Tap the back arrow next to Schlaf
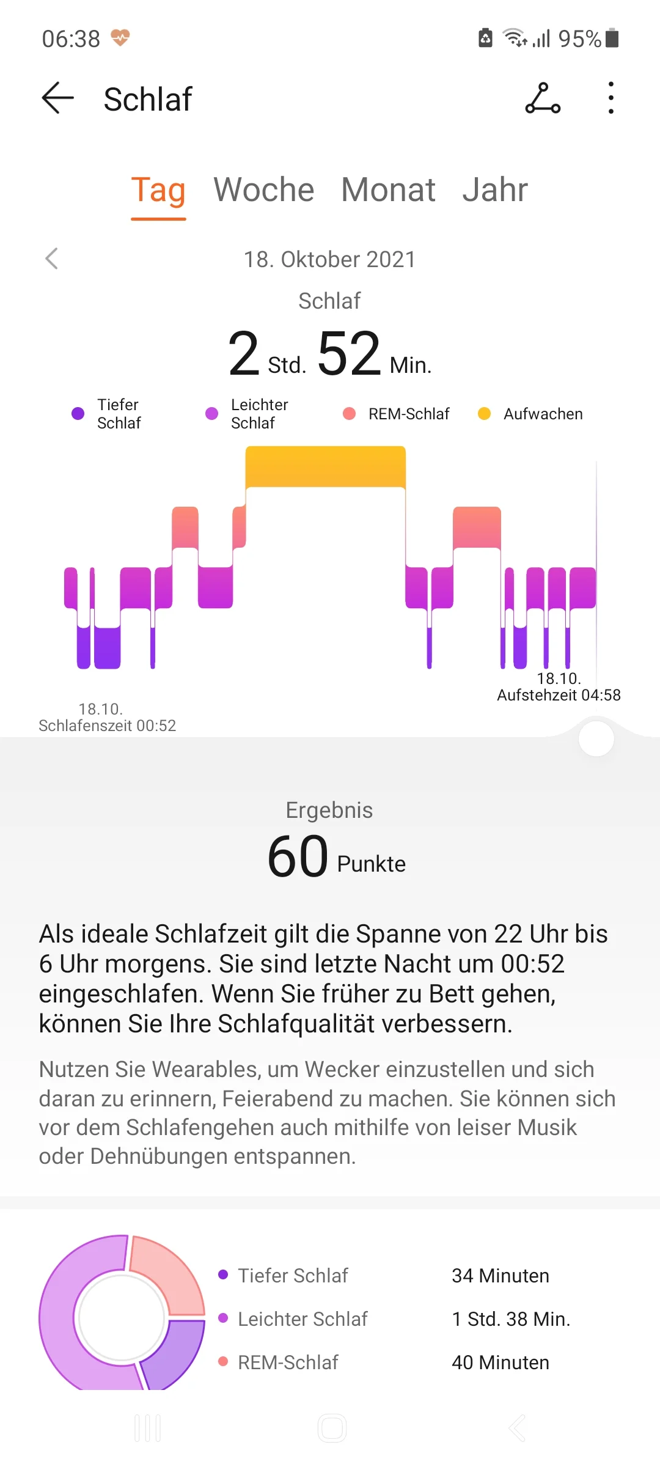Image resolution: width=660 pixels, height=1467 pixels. pyautogui.click(x=57, y=98)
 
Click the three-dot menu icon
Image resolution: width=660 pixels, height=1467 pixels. pyautogui.click(x=610, y=98)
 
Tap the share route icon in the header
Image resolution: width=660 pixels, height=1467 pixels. pyautogui.click(x=543, y=98)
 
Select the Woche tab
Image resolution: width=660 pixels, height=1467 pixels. pyautogui.click(x=263, y=189)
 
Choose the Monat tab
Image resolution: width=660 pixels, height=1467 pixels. pyautogui.click(x=388, y=189)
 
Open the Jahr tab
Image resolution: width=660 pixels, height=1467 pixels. pyautogui.click(x=494, y=189)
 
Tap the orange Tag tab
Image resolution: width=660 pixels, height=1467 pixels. pyautogui.click(x=158, y=189)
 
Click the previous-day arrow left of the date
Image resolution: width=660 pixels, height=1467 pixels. pyautogui.click(x=52, y=259)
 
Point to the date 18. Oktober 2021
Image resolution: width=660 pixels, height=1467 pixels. pyautogui.click(x=329, y=259)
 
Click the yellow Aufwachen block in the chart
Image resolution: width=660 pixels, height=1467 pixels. pyautogui.click(x=325, y=466)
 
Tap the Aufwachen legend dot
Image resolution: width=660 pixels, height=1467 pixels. pyautogui.click(x=484, y=414)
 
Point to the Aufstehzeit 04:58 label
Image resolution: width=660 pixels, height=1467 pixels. pyautogui.click(x=559, y=694)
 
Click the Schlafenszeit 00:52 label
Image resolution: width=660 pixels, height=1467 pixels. pyautogui.click(x=107, y=725)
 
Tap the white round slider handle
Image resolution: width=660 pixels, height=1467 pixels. pyautogui.click(x=596, y=738)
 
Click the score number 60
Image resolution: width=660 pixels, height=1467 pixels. pyautogui.click(x=298, y=856)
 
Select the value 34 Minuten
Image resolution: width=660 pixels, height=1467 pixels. pyautogui.click(x=500, y=1276)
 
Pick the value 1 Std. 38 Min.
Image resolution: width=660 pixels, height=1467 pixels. pyautogui.click(x=510, y=1319)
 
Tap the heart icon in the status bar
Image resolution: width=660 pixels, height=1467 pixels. pyautogui.click(x=120, y=38)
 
